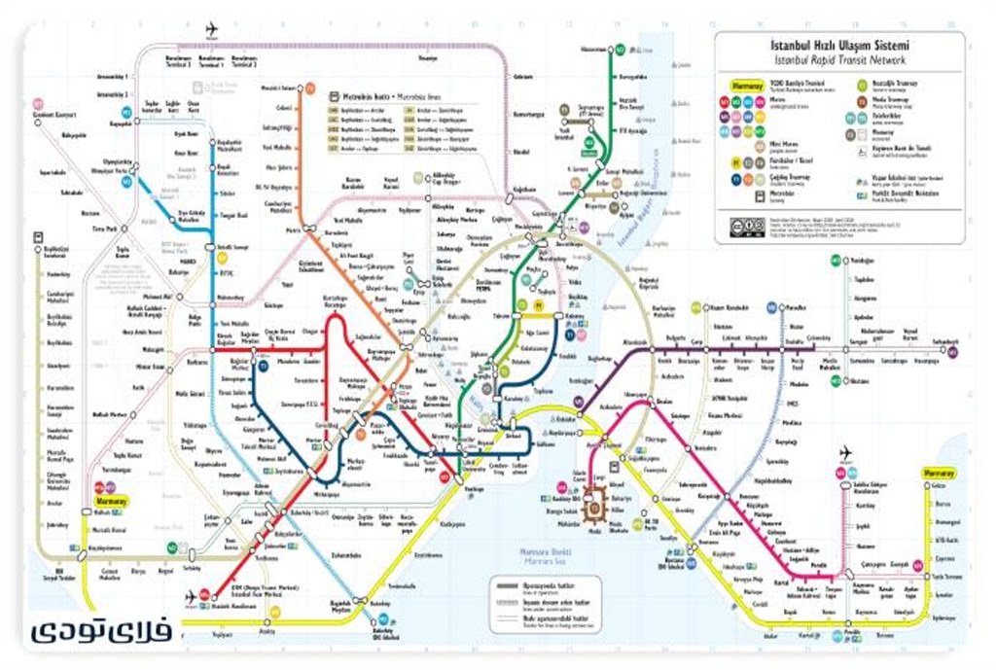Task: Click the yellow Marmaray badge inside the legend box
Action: point(744,85)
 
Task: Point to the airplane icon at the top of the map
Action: point(213,29)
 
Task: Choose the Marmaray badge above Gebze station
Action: point(939,474)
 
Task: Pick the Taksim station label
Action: point(500,316)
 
